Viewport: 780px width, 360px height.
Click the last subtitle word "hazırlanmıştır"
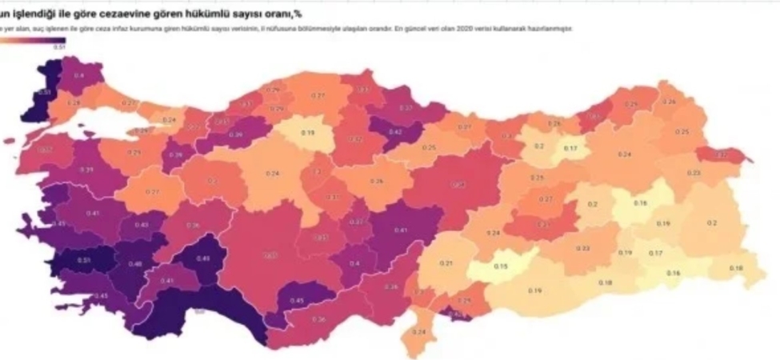click(x=552, y=29)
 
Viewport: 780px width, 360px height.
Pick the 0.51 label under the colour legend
click(x=58, y=48)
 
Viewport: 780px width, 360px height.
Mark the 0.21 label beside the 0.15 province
click(x=446, y=263)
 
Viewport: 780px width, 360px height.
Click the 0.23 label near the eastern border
click(x=693, y=172)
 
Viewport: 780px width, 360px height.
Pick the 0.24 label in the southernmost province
click(x=419, y=332)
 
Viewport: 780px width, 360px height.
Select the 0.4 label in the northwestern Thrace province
click(x=78, y=75)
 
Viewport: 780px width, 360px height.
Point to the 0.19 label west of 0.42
click(x=306, y=132)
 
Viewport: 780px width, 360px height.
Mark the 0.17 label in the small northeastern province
click(x=571, y=149)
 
